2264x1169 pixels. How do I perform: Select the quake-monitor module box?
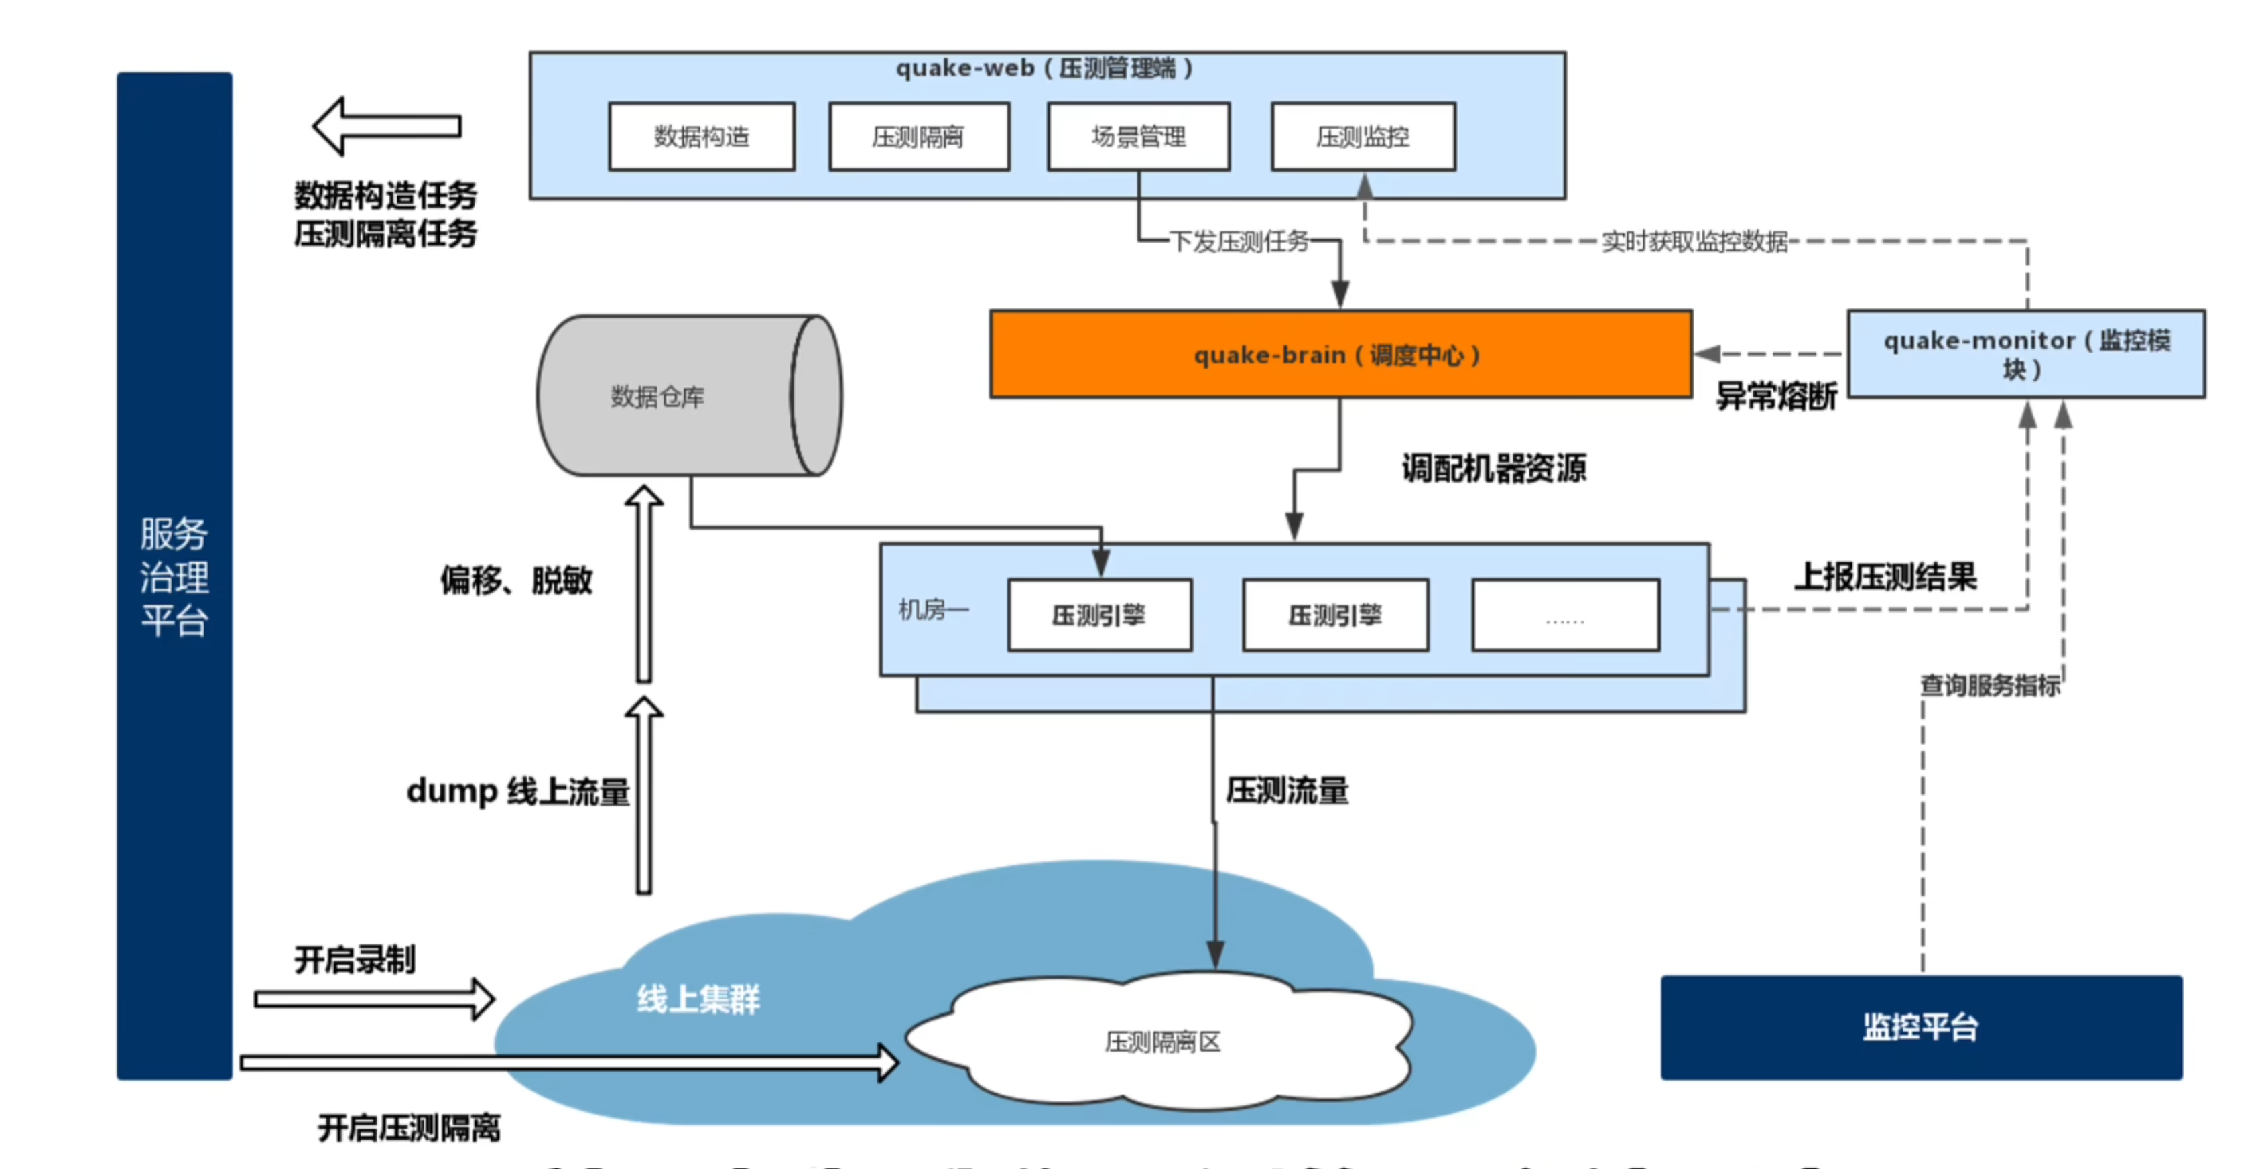pos(2026,354)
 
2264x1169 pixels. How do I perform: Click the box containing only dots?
pos(1565,615)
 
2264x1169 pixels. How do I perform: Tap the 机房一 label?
pos(932,609)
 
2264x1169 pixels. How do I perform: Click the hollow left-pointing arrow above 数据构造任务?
pos(387,127)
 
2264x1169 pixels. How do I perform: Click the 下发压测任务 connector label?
pos(1239,241)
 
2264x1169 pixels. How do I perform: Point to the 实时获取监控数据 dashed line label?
pos(1694,241)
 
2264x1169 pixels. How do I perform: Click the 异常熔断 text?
pos(1776,396)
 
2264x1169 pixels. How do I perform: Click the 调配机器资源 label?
pos(1494,469)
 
